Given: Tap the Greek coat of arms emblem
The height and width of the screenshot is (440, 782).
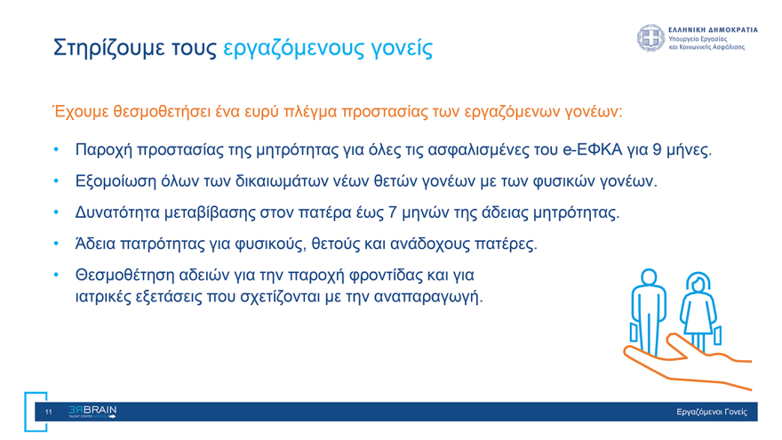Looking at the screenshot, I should coord(650,38).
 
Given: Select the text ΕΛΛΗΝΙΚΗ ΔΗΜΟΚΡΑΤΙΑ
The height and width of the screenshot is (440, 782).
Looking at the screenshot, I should coord(713,29).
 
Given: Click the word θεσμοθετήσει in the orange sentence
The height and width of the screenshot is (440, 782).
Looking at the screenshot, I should coord(160,112).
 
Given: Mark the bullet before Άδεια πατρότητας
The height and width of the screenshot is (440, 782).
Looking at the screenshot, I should coord(55,243).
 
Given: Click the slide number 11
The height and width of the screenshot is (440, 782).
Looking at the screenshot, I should coord(49,412).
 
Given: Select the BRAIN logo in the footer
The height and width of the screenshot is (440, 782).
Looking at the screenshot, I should coord(92,412).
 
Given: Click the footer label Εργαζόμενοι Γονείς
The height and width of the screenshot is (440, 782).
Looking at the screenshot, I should coord(711,412).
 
